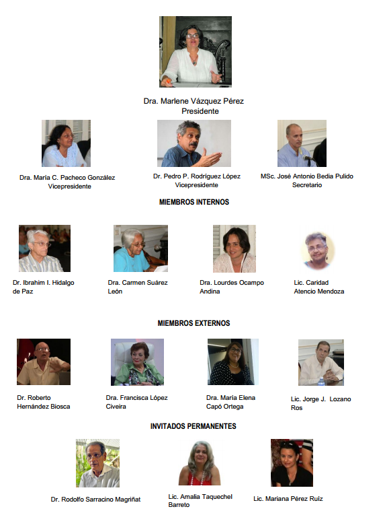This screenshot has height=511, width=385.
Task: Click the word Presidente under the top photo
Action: [x=200, y=111]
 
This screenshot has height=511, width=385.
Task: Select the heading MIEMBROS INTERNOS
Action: [x=194, y=202]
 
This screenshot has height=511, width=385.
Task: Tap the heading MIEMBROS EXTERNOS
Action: [x=194, y=323]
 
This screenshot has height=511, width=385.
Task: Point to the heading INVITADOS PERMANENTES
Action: [x=193, y=426]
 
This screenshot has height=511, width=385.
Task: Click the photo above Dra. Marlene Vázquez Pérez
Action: [x=196, y=52]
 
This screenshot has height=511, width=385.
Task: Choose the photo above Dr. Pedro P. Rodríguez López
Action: [x=194, y=143]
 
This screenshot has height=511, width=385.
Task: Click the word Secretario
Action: [x=307, y=185]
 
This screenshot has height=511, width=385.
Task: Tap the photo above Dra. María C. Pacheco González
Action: [x=66, y=143]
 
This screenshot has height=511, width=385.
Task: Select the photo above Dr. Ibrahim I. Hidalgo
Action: [x=44, y=248]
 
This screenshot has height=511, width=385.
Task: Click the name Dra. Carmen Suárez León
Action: [x=138, y=287]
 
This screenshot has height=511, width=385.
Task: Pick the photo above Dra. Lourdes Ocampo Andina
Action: [x=234, y=248]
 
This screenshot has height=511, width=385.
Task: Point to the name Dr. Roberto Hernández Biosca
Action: [x=44, y=402]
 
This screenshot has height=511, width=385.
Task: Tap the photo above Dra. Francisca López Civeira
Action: [x=137, y=362]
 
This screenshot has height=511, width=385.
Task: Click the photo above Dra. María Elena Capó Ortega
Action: [x=233, y=362]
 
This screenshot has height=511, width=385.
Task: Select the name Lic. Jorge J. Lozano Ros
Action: [x=321, y=403]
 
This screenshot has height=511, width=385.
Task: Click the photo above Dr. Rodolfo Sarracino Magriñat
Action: [x=98, y=463]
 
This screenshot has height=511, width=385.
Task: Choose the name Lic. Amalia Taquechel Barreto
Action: [x=200, y=501]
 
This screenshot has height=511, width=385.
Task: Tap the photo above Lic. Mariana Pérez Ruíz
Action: [x=292, y=463]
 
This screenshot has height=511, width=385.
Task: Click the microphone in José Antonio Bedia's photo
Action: [x=308, y=159]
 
